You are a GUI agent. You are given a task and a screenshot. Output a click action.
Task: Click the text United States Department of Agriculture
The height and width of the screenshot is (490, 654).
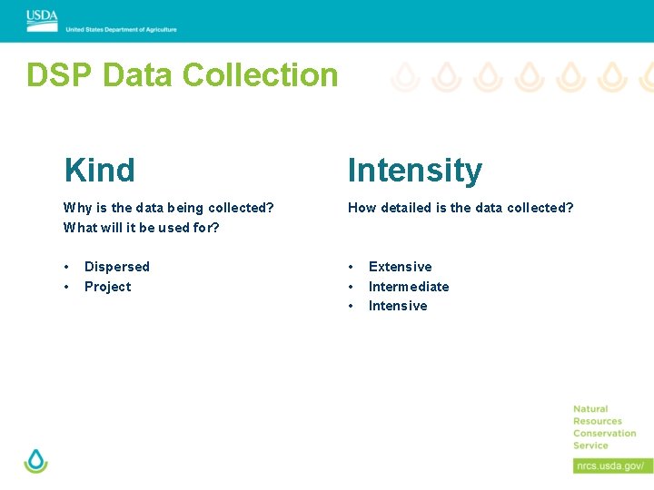121,29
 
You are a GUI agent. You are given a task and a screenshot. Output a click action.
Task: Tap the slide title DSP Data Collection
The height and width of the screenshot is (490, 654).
182,74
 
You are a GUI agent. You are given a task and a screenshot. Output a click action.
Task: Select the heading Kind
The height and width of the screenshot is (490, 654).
99,170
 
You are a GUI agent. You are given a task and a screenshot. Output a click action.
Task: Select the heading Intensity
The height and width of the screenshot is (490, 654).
414,170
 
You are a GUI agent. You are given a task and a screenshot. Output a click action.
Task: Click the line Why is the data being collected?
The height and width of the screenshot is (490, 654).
168,208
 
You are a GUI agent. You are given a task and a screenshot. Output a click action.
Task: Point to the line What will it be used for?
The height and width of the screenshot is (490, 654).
141,228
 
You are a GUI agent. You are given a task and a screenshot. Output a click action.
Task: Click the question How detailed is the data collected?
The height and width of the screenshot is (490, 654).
461,208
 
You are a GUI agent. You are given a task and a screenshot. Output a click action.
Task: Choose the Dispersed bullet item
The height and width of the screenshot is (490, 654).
116,267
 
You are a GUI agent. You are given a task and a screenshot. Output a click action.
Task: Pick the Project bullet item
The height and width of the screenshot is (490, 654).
107,287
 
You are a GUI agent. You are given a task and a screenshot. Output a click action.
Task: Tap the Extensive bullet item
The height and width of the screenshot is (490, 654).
400,267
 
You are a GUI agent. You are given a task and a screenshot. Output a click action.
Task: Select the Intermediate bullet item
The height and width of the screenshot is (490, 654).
408,287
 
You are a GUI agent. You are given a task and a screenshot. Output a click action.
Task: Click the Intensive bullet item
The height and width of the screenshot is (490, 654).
397,306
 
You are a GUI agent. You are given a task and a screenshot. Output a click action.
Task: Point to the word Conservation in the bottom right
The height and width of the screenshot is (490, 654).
604,434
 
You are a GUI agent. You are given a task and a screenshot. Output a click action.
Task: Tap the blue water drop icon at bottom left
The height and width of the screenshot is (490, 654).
35,460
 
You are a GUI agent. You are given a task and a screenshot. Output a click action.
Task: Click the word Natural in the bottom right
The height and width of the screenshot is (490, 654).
590,409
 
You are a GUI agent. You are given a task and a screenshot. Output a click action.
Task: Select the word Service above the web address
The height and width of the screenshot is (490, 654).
590,446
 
